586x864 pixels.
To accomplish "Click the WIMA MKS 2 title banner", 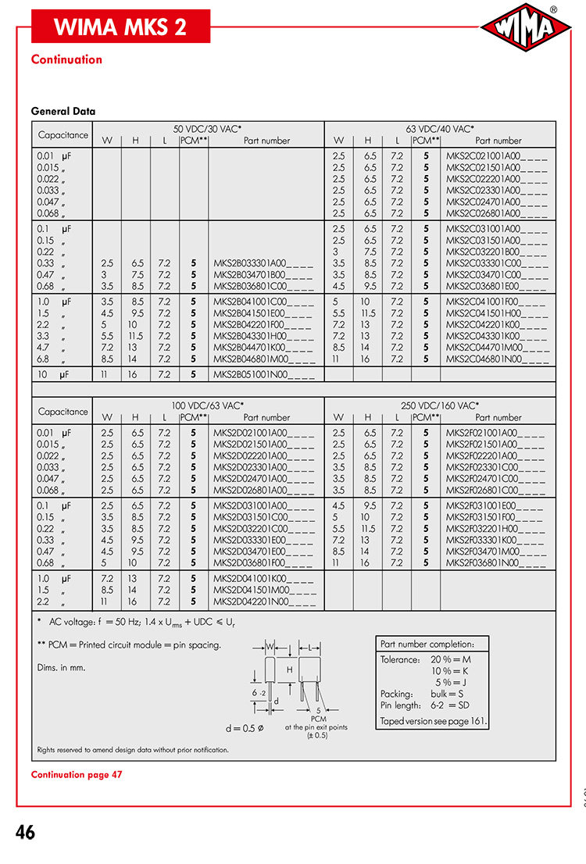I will (x=120, y=27).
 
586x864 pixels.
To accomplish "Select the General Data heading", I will (x=63, y=111).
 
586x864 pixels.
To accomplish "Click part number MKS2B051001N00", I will (x=264, y=375).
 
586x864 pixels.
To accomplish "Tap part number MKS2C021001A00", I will (x=496, y=156).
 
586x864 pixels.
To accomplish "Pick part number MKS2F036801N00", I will (x=497, y=562).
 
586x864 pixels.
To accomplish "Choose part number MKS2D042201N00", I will (x=264, y=603).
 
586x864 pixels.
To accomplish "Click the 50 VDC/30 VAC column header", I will (x=207, y=129).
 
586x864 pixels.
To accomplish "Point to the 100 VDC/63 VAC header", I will (x=208, y=405).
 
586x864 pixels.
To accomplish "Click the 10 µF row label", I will (x=54, y=375).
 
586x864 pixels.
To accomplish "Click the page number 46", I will (x=25, y=833).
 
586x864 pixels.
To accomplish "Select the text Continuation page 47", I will (x=77, y=774).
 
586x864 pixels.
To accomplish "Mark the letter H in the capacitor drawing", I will (x=289, y=669).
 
